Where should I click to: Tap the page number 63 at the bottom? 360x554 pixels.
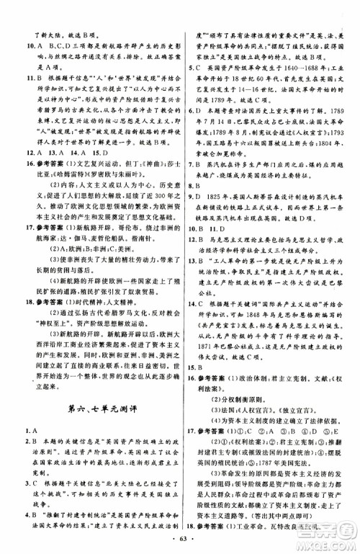(180, 537)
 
